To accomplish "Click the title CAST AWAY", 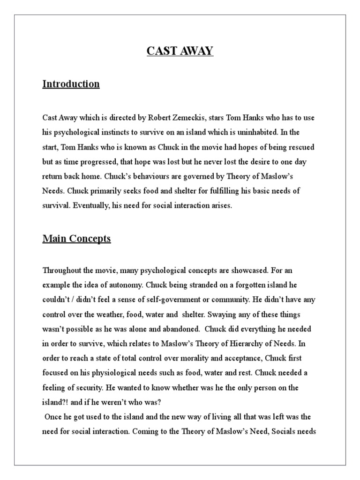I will [180, 51].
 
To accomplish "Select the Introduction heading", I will [71, 84].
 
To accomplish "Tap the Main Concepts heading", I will [76, 239].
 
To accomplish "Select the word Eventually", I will [89, 206].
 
